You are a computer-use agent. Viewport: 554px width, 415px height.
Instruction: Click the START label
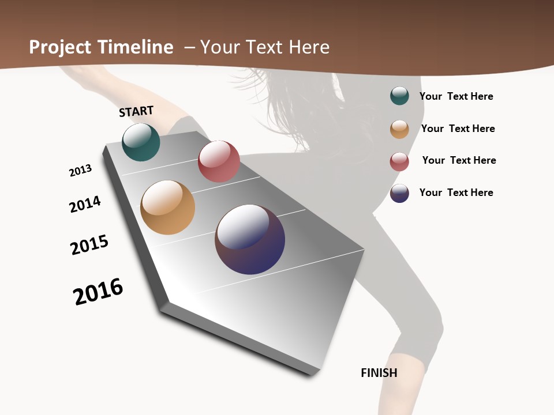pos(136,111)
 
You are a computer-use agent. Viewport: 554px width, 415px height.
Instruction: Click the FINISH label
pos(379,373)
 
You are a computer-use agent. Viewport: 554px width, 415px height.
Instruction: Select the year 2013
pos(80,171)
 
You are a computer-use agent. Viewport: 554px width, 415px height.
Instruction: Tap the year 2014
pos(85,204)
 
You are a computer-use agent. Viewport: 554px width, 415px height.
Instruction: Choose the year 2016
pos(98,292)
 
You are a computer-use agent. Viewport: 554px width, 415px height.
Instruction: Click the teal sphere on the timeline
pos(141,142)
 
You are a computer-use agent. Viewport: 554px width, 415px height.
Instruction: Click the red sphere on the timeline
pos(219,161)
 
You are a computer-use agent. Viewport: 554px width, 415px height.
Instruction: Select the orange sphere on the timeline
pos(167,207)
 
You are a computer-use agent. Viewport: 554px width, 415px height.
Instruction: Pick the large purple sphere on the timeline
pos(250,239)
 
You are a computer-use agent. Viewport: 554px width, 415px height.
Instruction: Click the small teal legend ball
pos(399,96)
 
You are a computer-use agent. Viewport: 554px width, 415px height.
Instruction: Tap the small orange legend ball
pos(399,129)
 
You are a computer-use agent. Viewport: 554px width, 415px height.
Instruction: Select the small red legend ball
pos(399,161)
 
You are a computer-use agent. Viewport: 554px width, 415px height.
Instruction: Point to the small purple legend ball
pos(399,193)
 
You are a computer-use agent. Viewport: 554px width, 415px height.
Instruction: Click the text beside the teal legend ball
pos(456,96)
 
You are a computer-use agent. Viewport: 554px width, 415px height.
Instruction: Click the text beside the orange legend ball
pos(458,129)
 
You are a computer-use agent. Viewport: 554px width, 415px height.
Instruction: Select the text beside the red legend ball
pos(459,160)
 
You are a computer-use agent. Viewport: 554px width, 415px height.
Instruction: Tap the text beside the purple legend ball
pos(456,193)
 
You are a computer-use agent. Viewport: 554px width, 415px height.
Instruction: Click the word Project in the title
pos(59,47)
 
